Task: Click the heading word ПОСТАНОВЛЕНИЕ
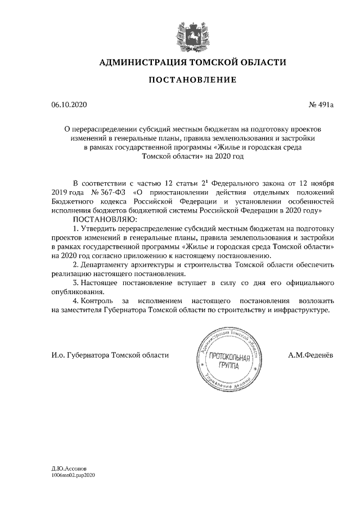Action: (x=192, y=80)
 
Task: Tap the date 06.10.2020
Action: (x=69, y=105)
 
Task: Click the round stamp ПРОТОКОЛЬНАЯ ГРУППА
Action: (x=228, y=361)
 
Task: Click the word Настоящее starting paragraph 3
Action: (x=103, y=283)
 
